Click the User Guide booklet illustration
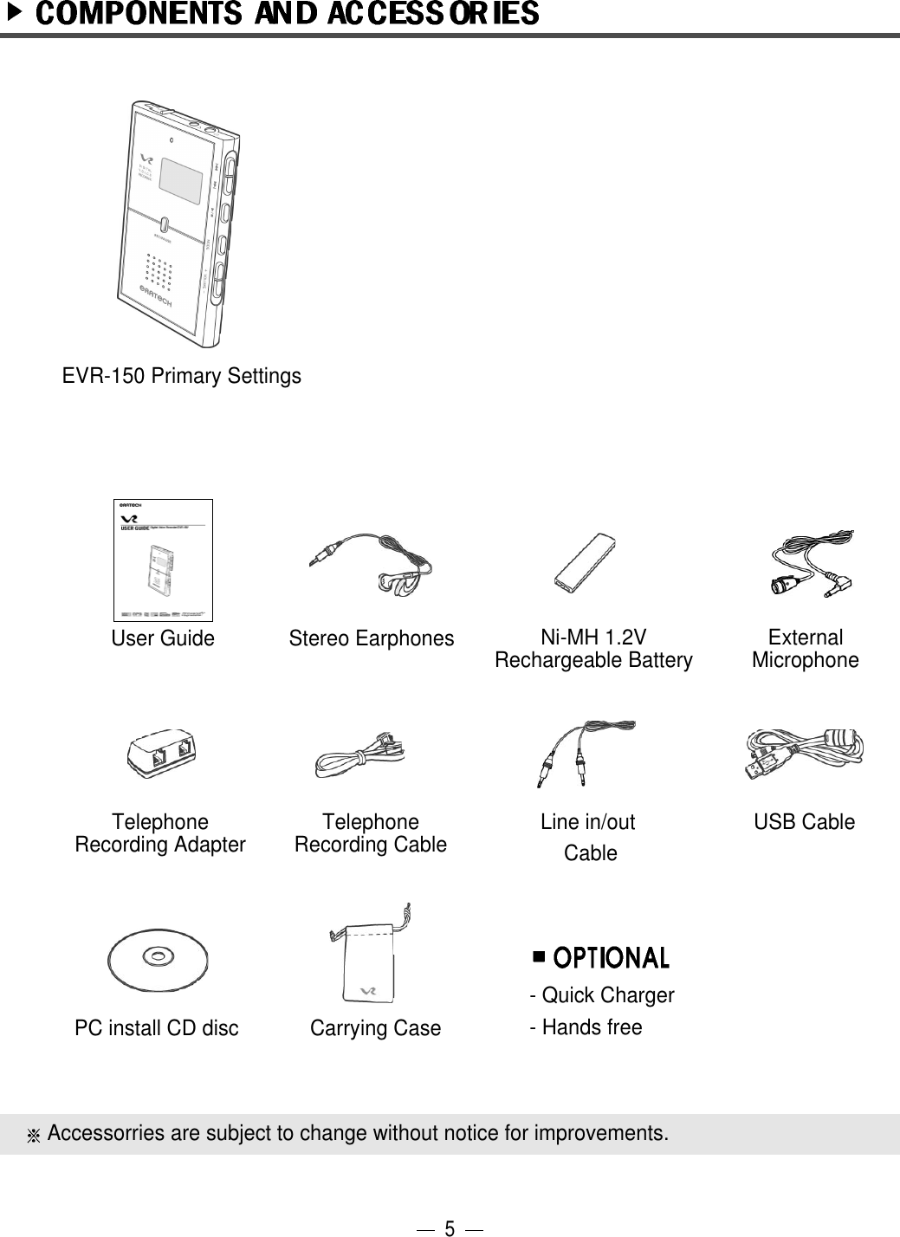[163, 560]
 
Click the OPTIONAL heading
[611, 958]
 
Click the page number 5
[449, 1227]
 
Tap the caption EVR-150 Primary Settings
[182, 376]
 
